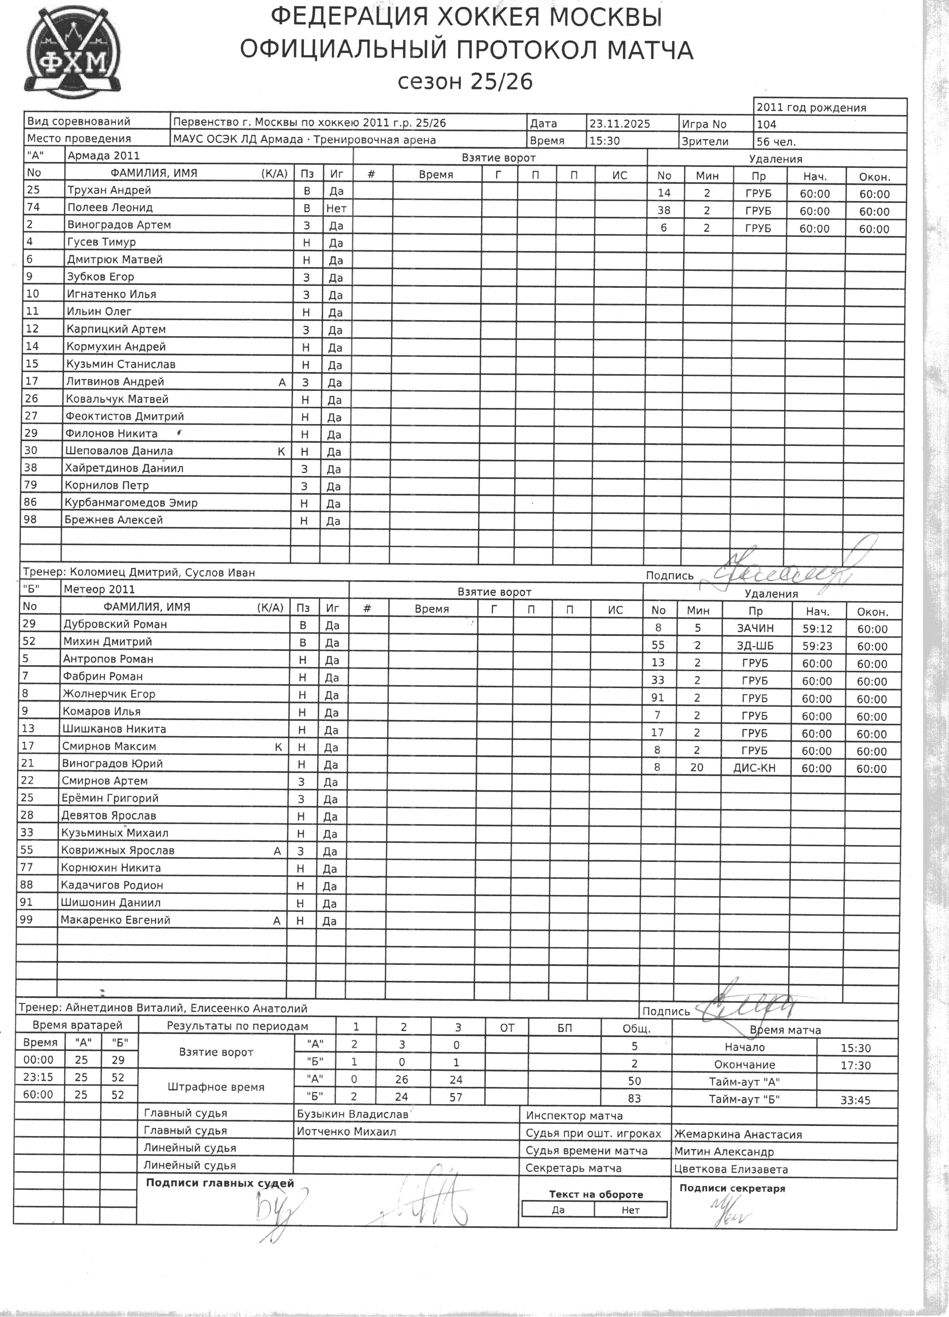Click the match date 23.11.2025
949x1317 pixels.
coord(619,124)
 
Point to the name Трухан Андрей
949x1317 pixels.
coord(109,190)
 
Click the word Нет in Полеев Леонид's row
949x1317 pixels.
coord(336,208)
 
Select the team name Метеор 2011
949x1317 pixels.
coord(99,589)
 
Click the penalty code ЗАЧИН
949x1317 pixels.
coord(755,628)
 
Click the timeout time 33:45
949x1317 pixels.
coord(856,1100)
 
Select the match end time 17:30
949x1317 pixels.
coord(856,1065)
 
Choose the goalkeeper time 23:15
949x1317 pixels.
coord(38,1077)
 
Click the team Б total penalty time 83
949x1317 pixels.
coord(634,1099)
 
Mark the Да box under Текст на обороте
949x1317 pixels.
coord(558,1210)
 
